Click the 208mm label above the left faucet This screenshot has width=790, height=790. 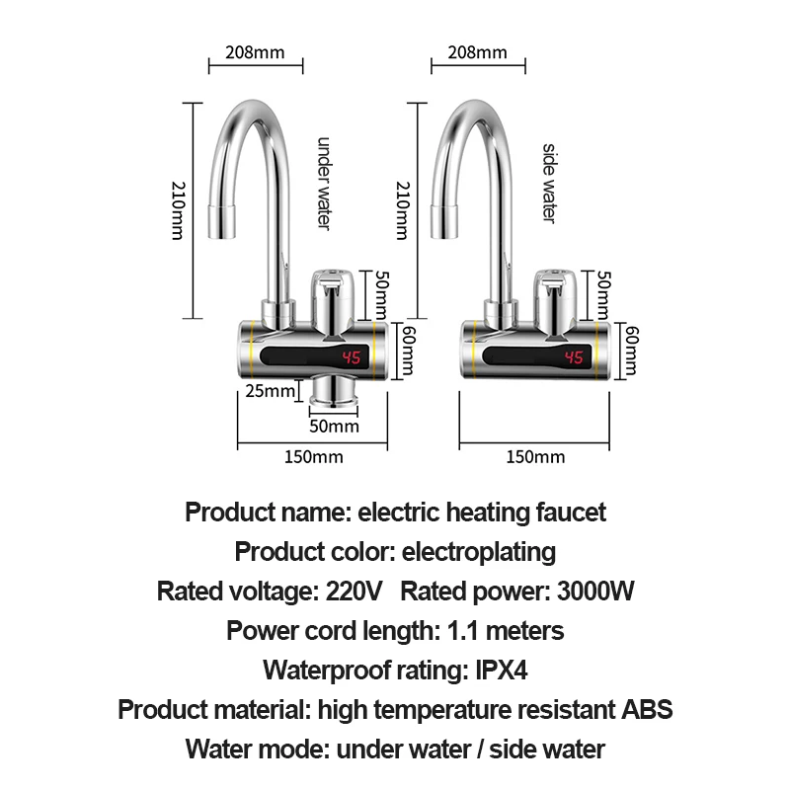pyautogui.click(x=255, y=51)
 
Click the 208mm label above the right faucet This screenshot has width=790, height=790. pyautogui.click(x=478, y=51)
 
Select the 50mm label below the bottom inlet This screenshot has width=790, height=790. pyautogui.click(x=334, y=427)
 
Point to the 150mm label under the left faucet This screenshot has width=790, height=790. pyautogui.click(x=313, y=456)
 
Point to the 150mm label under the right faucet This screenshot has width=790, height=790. pyautogui.click(x=535, y=456)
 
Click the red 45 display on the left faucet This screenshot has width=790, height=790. pyautogui.click(x=353, y=357)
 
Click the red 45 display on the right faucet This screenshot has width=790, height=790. pyautogui.click(x=575, y=357)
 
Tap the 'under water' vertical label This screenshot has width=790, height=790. pyautogui.click(x=322, y=183)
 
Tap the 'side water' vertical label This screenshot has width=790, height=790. pyautogui.click(x=550, y=183)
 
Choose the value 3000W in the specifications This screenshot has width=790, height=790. pyautogui.click(x=594, y=592)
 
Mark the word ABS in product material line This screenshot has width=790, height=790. pyautogui.click(x=646, y=709)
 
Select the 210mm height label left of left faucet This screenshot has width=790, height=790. pyautogui.click(x=179, y=209)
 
